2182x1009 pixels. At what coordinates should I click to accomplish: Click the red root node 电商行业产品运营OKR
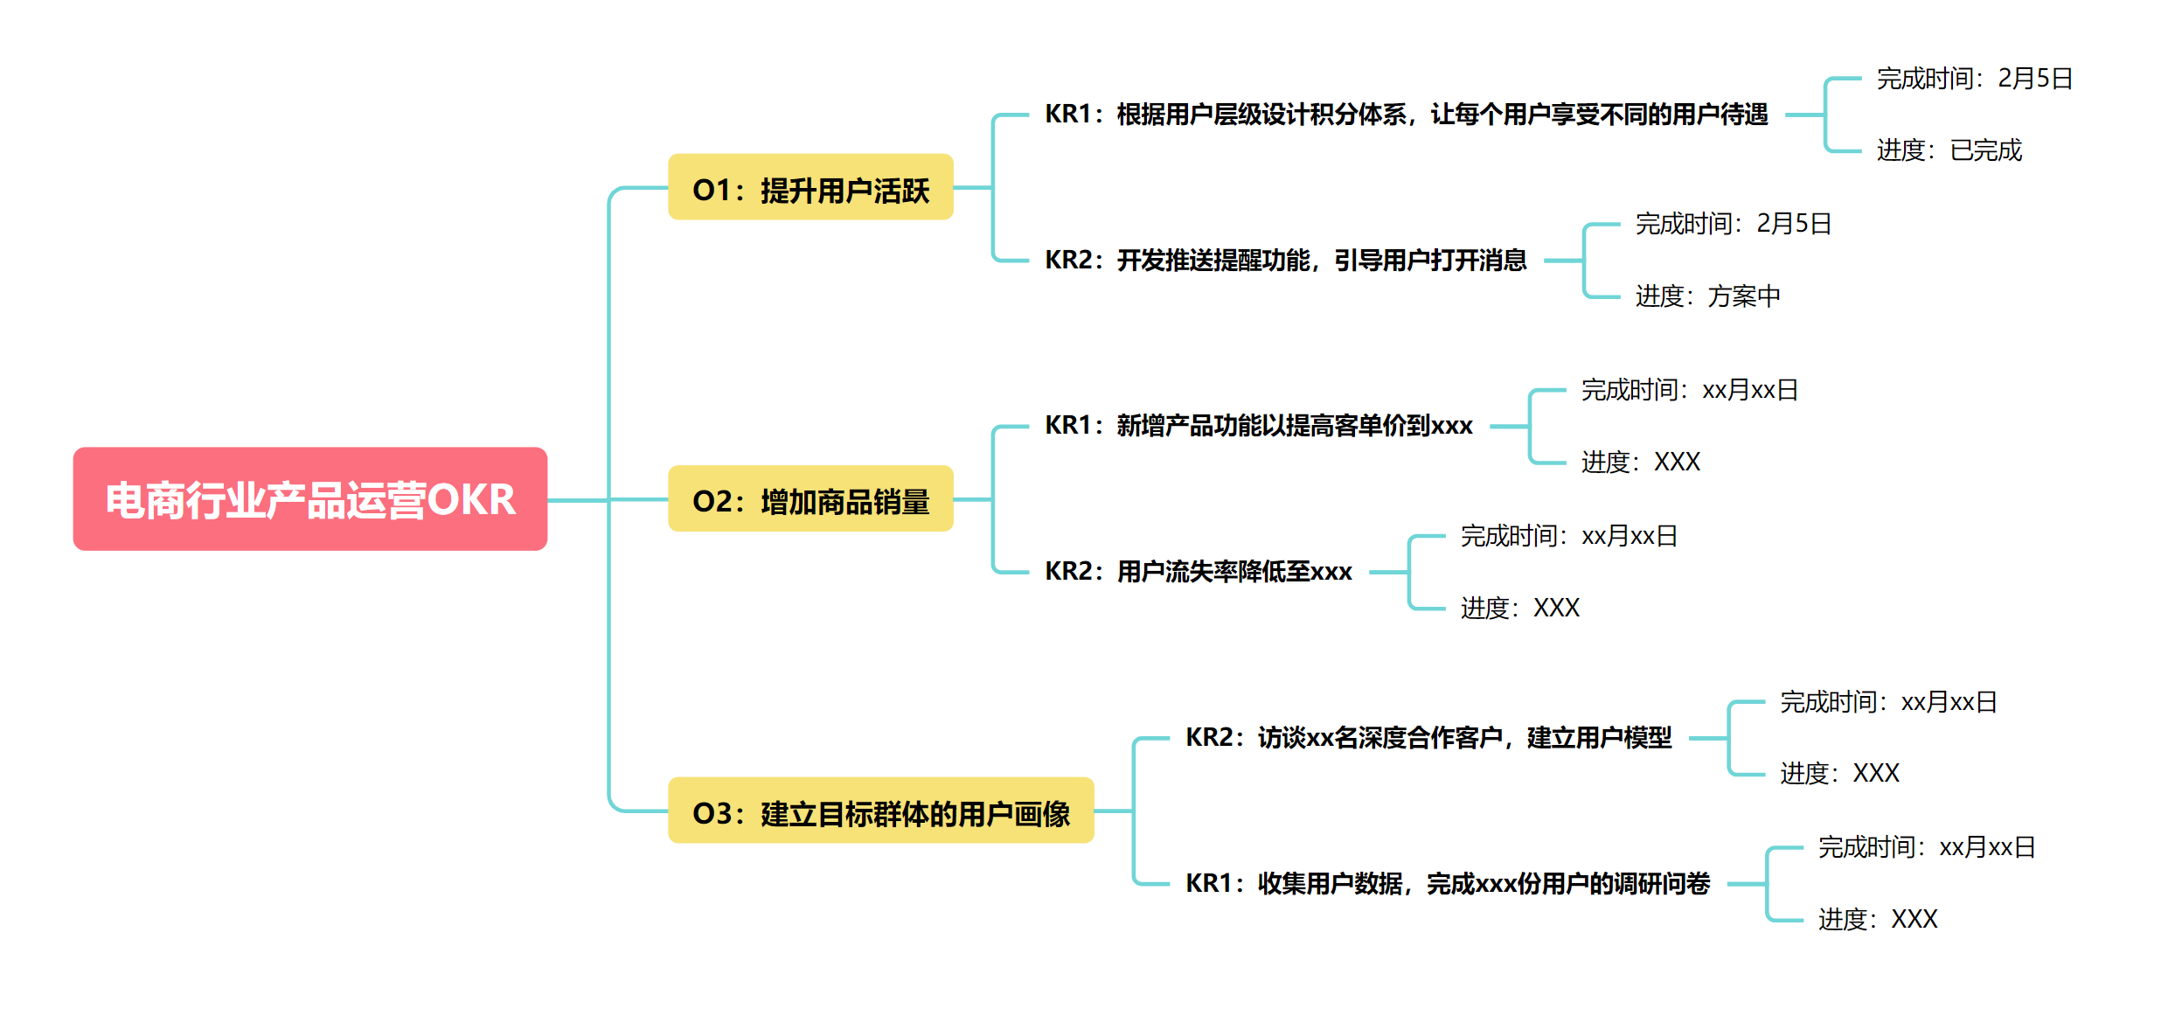[309, 499]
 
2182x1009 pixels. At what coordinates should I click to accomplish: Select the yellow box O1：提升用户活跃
[810, 188]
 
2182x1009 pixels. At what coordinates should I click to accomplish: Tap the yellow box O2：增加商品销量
[810, 499]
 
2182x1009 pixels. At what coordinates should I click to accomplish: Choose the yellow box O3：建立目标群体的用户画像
[880, 811]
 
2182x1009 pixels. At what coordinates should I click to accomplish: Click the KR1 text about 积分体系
[1406, 115]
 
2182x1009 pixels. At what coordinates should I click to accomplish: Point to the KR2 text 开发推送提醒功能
[1285, 260]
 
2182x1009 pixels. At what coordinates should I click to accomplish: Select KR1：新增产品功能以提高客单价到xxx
[1258, 426]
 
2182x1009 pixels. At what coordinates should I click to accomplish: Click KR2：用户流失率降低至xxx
[1198, 572]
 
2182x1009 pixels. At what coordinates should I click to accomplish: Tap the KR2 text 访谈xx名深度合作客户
[1428, 738]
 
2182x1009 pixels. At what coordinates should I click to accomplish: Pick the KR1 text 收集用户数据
[1447, 884]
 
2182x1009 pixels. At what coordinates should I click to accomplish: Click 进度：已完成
[1949, 150]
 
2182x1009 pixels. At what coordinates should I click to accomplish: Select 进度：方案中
[1707, 296]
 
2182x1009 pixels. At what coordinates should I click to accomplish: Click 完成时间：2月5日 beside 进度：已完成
[1974, 79]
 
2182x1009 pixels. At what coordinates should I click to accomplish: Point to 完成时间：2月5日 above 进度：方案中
[1733, 224]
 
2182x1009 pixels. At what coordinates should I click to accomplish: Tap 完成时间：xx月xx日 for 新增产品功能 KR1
[1689, 390]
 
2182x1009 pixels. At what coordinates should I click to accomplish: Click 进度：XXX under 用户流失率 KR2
[1519, 608]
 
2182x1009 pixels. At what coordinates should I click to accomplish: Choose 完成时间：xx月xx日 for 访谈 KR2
[1888, 702]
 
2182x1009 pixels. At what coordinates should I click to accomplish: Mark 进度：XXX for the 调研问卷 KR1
[1878, 919]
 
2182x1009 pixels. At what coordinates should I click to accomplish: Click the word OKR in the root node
[471, 500]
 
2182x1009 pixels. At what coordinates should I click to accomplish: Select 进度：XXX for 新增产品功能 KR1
[1640, 462]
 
